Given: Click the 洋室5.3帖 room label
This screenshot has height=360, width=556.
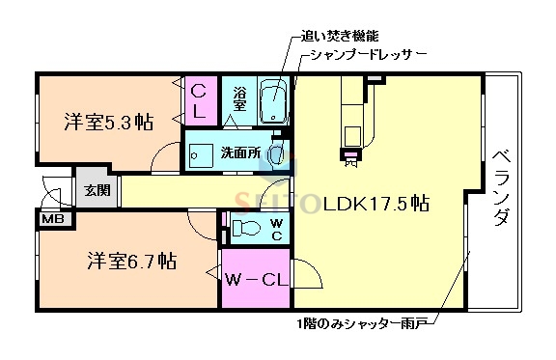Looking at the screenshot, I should click(x=109, y=123).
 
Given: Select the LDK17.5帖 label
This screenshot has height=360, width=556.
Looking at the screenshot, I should click(x=376, y=204).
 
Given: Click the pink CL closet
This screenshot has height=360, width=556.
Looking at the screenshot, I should click(x=199, y=99).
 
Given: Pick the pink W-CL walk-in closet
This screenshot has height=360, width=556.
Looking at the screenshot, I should click(x=255, y=280).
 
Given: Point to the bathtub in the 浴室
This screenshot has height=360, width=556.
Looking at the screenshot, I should click(x=275, y=102).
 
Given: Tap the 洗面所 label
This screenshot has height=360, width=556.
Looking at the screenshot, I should click(x=241, y=152).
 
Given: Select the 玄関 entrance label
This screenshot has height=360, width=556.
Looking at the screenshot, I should click(x=97, y=190).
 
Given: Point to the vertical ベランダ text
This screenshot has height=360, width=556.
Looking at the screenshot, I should click(x=501, y=188).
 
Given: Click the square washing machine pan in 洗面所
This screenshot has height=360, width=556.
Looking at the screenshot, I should click(x=202, y=154).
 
